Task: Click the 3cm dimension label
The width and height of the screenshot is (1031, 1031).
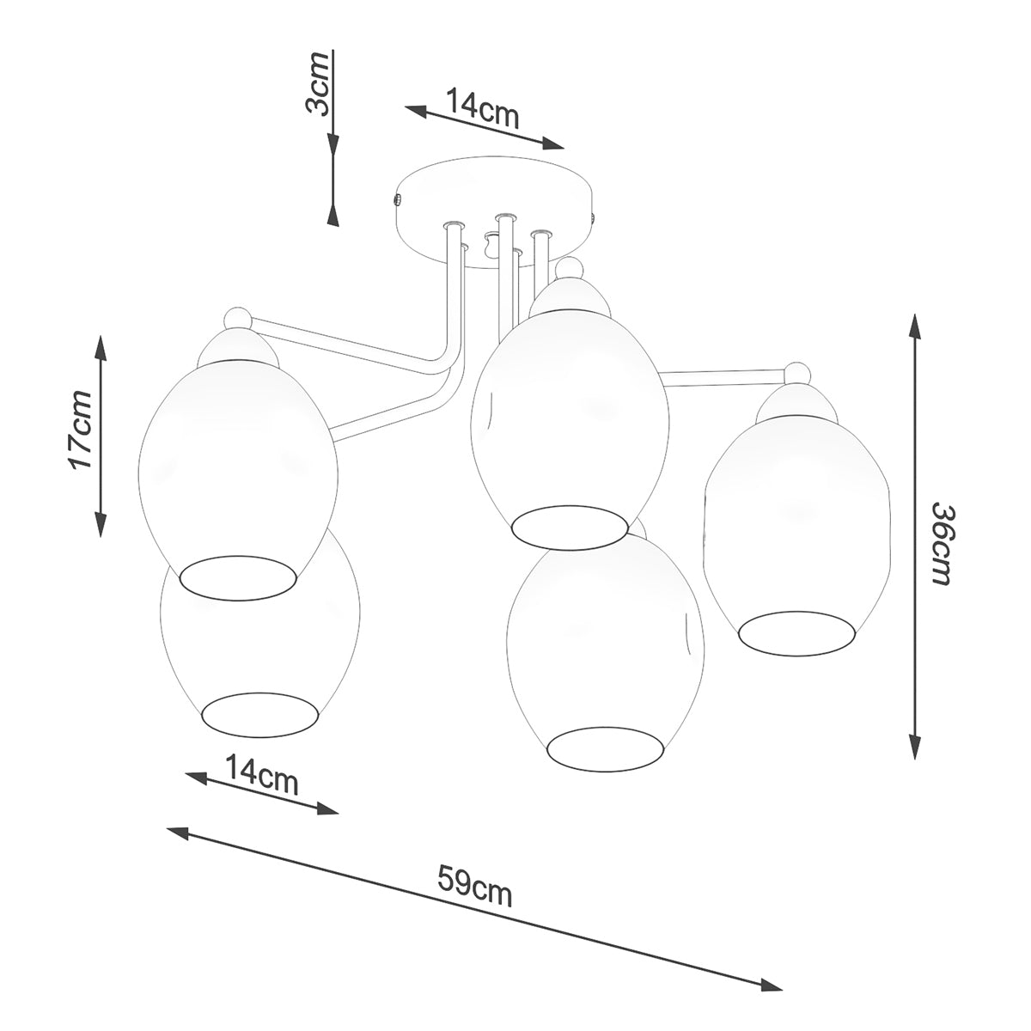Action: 319,83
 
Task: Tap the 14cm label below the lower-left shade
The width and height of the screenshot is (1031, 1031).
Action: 261,776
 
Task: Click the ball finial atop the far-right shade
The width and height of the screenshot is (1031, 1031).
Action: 798,375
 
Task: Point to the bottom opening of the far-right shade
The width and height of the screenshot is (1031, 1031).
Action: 797,631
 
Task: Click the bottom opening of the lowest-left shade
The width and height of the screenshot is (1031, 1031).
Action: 260,713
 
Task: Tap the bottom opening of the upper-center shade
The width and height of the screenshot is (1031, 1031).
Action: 569,526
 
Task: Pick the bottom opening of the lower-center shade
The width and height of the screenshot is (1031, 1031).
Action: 607,747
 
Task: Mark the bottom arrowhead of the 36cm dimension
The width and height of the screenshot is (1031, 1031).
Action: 917,747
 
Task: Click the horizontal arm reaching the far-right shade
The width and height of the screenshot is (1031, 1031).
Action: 722,373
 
